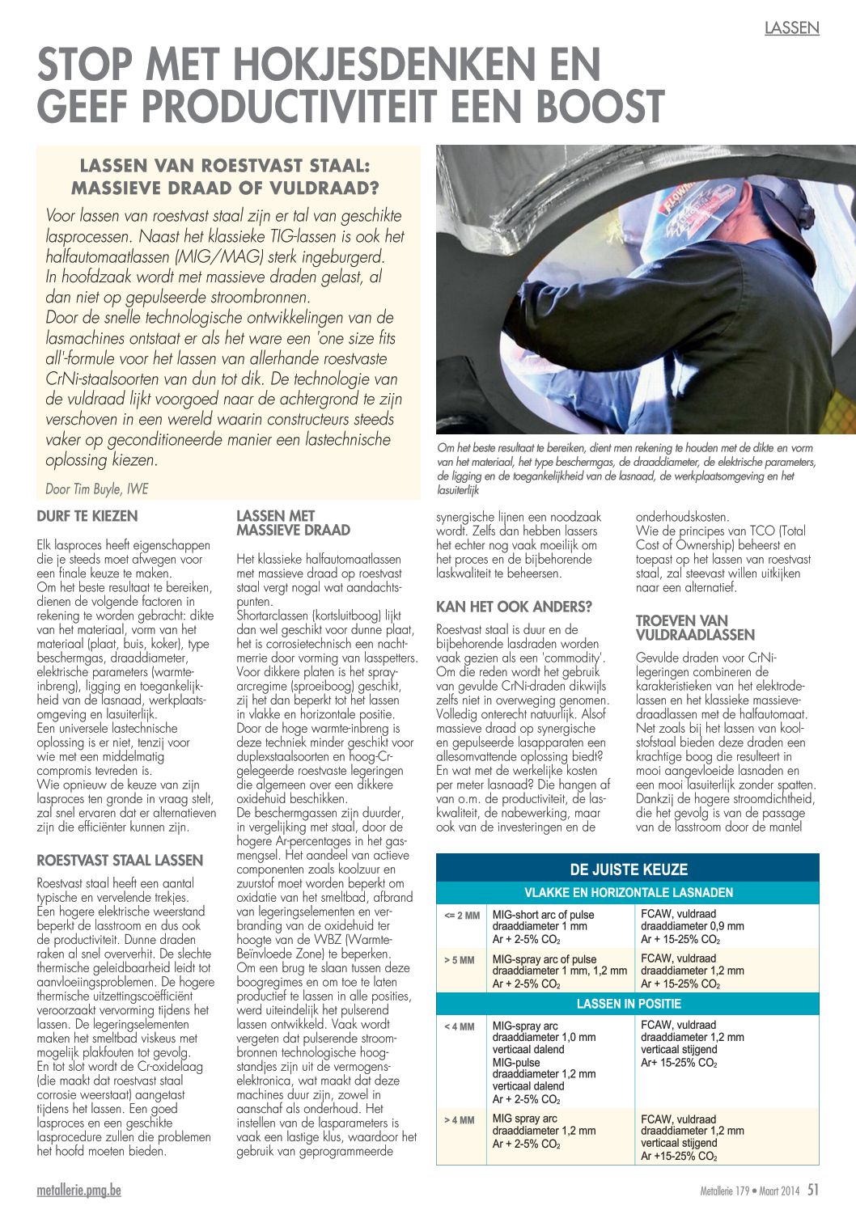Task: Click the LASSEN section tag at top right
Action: click(x=791, y=28)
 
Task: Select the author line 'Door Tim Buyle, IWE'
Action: click(x=97, y=489)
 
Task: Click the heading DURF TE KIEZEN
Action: click(x=87, y=516)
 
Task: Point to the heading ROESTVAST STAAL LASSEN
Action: click(x=120, y=861)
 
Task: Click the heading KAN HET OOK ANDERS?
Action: click(x=514, y=607)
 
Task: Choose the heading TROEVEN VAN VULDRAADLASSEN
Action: click(x=695, y=628)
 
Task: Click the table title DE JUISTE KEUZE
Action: click(x=628, y=869)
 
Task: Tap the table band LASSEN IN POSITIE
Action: click(x=628, y=1004)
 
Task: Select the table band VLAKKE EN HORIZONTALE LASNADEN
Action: click(x=628, y=893)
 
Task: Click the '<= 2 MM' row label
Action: click(x=461, y=916)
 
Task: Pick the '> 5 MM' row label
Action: click(x=460, y=960)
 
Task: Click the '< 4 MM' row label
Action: click(x=460, y=1026)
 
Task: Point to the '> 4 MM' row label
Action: click(x=460, y=1120)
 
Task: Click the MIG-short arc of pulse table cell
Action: click(x=559, y=927)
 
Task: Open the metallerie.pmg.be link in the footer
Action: click(x=79, y=1191)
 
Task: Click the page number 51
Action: click(x=812, y=1190)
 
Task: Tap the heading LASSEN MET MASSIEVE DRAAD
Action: click(x=293, y=522)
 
